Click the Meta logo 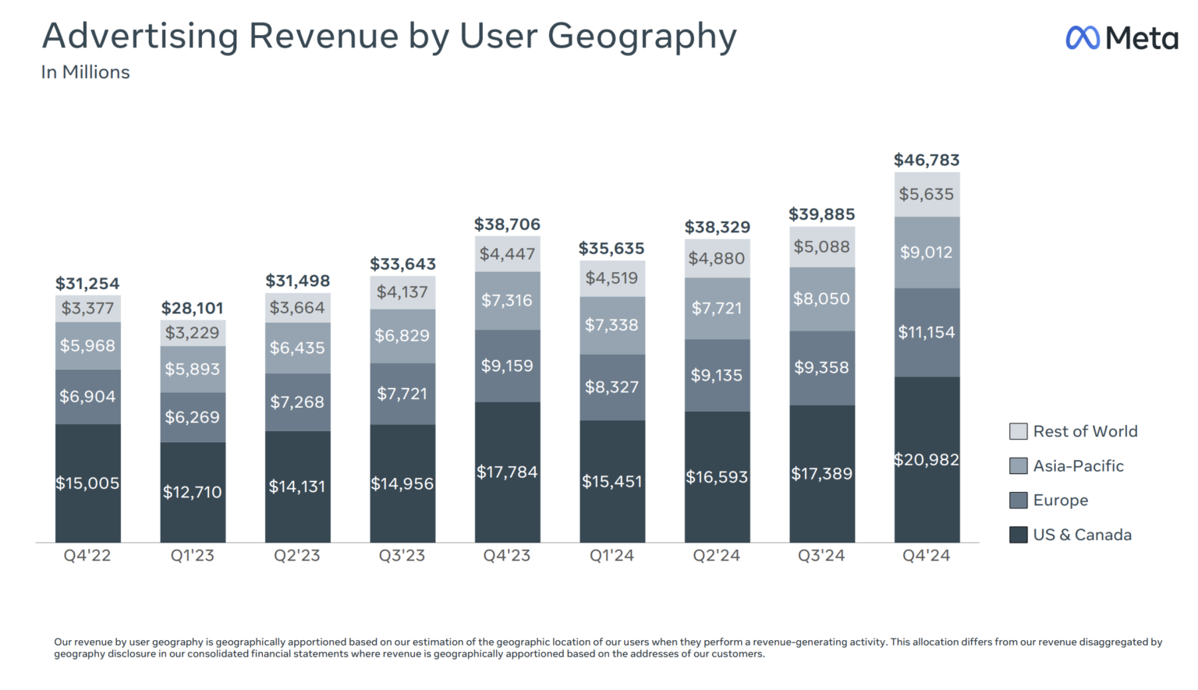pos(1121,37)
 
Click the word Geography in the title pos(642,37)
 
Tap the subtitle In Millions pos(85,73)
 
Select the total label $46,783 pos(926,160)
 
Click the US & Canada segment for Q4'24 pos(927,459)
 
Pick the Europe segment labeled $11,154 pos(927,332)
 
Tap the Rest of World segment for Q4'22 pos(87,308)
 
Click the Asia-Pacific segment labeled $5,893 pos(192,369)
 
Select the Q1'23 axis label pos(192,556)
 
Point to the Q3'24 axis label pos(821,556)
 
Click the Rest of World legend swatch pos(1018,431)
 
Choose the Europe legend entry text pos(1060,501)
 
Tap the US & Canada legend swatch pos(1018,535)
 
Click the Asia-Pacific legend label pos(1078,466)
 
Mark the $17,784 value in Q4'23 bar pos(507,472)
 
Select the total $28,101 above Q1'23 pos(192,308)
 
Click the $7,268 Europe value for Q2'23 pos(297,402)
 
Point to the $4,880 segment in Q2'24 pos(716,258)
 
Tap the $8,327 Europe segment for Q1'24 pos(611,387)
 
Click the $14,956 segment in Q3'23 pos(402,483)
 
